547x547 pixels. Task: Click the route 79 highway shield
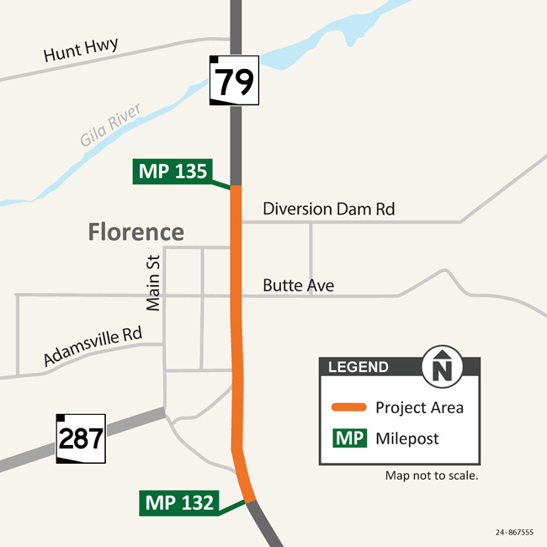point(235,80)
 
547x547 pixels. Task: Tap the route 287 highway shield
point(81,438)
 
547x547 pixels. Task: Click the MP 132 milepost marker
point(178,503)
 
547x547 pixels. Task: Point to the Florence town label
point(136,231)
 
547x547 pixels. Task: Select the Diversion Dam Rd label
point(328,209)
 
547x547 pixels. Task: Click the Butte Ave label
point(298,286)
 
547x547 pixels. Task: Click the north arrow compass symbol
point(442,367)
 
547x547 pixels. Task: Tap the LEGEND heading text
point(358,367)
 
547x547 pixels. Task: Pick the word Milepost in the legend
point(407,438)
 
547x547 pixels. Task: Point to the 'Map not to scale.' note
point(432,475)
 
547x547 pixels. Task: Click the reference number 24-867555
point(515,532)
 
